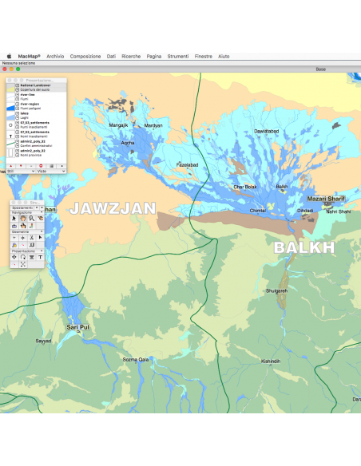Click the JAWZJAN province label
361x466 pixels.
[112, 209]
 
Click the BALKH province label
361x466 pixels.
[304, 247]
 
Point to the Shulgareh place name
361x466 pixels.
[276, 291]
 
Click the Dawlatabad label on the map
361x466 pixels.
[267, 130]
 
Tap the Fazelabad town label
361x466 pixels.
[187, 164]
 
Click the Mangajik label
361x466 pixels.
[118, 125]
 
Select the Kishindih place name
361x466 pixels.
[271, 361]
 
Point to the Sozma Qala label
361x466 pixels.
[136, 359]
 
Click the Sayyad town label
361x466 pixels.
[43, 341]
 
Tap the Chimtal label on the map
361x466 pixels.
[257, 210]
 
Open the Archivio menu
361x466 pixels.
[55, 57]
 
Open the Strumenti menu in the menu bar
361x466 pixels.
[178, 57]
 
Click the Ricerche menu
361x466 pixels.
[131, 57]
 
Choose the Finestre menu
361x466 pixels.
[204, 57]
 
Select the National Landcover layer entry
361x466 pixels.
[35, 85]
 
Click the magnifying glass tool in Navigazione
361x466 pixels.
[22, 218]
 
